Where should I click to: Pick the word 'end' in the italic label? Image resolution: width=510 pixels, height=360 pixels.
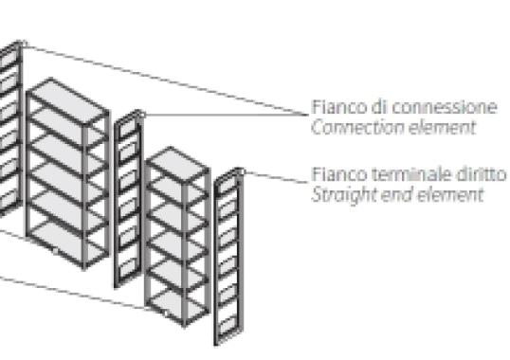389,195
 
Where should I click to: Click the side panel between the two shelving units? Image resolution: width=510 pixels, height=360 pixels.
129,198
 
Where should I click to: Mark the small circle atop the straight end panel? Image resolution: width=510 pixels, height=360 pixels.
243,171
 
